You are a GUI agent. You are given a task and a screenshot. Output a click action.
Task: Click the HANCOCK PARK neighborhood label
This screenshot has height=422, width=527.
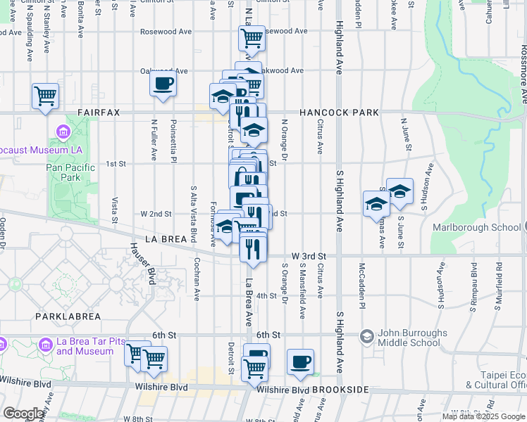coord(339,113)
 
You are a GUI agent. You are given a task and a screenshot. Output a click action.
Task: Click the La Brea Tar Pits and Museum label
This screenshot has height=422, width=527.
coord(81,346)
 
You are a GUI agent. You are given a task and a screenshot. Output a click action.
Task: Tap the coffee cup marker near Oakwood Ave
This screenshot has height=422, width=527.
coord(163,84)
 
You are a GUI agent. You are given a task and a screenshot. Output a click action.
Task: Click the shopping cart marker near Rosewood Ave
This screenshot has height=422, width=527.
coord(252,37)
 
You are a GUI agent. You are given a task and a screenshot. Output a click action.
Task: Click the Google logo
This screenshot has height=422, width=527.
coord(23,414)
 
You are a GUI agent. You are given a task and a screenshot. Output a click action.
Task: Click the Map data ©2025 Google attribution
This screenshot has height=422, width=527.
coord(483,416)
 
